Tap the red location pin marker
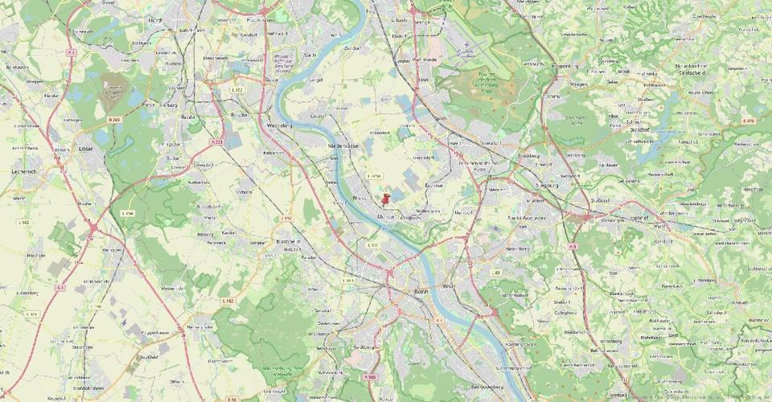point(387,198)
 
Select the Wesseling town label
point(279,125)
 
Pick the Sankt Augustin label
point(527,218)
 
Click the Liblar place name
point(86,150)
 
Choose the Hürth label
point(156,19)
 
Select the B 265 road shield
point(114,120)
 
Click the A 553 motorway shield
point(217,142)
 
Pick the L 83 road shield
point(496,273)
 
